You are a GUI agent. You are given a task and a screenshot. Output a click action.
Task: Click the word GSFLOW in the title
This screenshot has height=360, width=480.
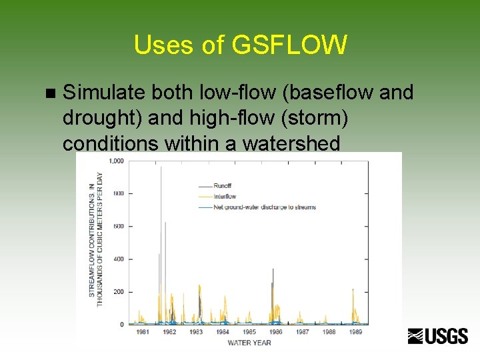tap(289, 45)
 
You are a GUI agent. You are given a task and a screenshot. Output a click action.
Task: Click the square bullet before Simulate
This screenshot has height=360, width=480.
tap(46, 93)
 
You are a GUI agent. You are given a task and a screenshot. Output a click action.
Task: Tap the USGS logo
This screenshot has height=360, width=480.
tap(438, 336)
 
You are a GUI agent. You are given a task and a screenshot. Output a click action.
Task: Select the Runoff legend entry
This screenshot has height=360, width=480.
tap(223, 186)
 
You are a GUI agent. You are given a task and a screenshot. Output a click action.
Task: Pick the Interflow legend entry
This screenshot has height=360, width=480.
tap(225, 197)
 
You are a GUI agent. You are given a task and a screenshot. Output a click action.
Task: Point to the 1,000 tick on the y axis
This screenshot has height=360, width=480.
tap(115, 161)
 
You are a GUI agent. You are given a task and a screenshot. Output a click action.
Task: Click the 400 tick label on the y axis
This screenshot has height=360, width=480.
tap(118, 259)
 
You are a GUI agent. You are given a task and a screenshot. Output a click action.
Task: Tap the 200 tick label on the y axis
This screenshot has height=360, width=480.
tap(118, 292)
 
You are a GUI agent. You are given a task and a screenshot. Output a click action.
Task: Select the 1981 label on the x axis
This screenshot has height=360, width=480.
tap(143, 332)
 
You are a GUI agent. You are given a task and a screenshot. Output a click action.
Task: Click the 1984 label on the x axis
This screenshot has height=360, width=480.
tap(222, 332)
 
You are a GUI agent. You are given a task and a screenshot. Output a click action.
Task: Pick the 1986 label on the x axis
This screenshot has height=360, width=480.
tap(275, 332)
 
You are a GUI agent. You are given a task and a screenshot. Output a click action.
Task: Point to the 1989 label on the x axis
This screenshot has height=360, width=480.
tap(355, 332)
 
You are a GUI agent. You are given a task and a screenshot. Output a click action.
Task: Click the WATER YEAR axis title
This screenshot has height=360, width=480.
tap(249, 343)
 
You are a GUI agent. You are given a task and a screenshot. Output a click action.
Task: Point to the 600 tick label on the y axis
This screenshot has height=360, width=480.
tap(118, 227)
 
